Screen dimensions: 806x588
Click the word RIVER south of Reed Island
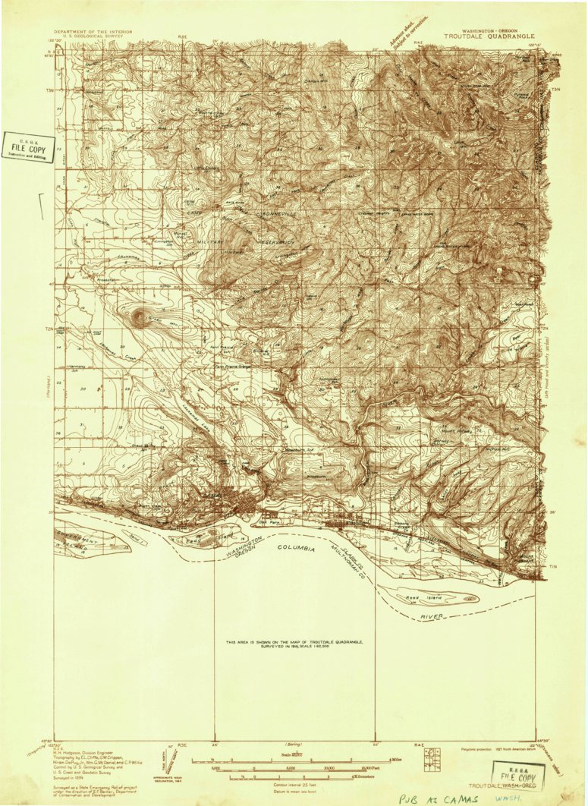pos(432,617)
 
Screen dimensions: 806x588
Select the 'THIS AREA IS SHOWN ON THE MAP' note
pos(294,644)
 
